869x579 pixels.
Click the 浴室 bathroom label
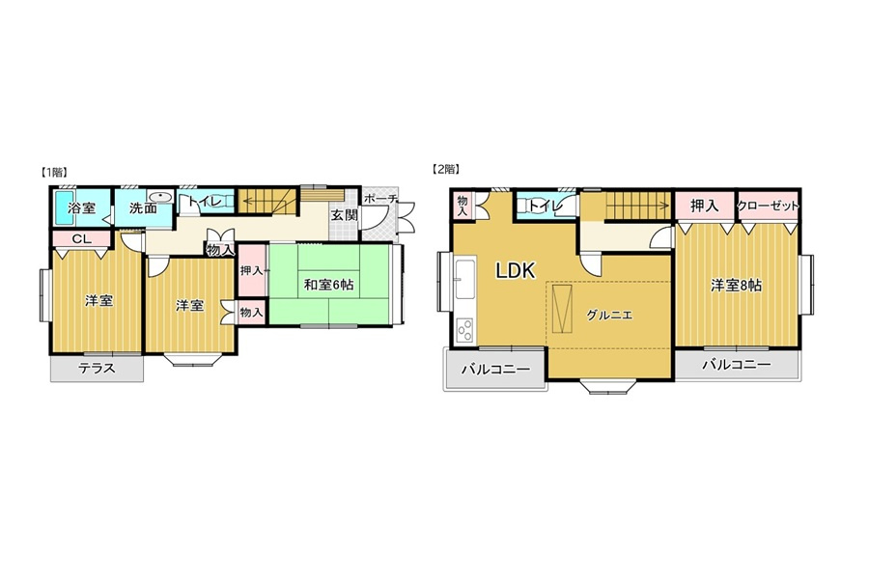coord(82,208)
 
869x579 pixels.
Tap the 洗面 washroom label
coord(143,208)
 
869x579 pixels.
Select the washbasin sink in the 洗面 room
coord(161,197)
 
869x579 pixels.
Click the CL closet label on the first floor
coord(82,239)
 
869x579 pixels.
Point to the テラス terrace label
coord(97,368)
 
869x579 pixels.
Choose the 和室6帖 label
coord(328,285)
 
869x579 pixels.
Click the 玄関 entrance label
coord(344,215)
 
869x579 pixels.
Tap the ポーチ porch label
coord(380,199)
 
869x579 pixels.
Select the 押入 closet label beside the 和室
coord(252,271)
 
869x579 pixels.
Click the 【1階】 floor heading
coord(54,172)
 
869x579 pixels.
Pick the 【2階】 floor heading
coord(446,170)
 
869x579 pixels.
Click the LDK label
coord(516,270)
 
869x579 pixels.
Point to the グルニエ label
coord(609,316)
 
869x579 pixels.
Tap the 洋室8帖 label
coord(737,286)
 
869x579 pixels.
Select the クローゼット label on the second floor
coord(768,206)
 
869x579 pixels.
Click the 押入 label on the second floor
coord(705,207)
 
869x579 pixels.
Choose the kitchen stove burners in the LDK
coord(464,330)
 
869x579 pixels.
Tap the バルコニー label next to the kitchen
coord(496,369)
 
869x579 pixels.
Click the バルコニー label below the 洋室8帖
coord(737,365)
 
